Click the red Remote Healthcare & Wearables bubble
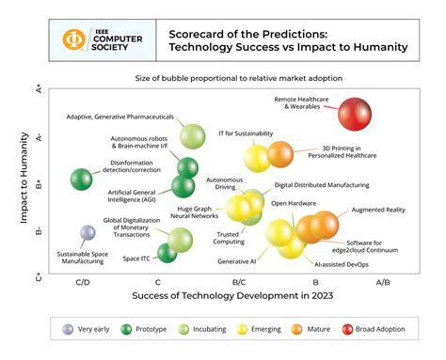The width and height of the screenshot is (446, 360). coord(358,116)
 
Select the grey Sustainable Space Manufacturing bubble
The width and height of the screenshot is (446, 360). coord(87,232)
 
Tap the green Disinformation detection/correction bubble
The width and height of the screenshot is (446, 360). coord(81,178)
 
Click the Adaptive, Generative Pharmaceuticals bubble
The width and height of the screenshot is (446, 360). coord(192,137)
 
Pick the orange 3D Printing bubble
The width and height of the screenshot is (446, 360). coord(279,153)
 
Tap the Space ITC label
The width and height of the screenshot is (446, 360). coord(136,258)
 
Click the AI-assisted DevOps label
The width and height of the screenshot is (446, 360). coord(341,265)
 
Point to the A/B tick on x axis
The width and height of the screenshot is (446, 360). coord(383,282)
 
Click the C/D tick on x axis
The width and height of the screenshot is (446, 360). coord(82,282)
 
